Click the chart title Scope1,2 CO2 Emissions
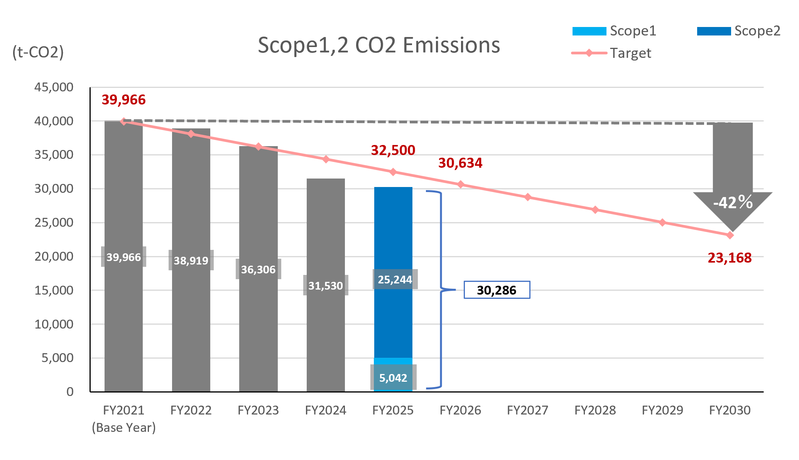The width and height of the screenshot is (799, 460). [379, 45]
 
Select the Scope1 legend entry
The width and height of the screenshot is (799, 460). [614, 31]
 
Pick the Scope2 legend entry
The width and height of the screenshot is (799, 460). [739, 31]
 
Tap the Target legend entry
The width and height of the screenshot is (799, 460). [611, 53]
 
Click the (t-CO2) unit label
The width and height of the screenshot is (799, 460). [38, 52]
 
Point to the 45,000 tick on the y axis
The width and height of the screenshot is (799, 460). [54, 87]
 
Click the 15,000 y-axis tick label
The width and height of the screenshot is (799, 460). [54, 290]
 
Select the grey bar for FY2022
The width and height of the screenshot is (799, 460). [191, 260]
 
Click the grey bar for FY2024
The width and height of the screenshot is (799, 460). [326, 285]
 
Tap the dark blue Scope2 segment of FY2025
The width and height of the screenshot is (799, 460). [393, 272]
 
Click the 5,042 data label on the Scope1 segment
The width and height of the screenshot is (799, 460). [393, 378]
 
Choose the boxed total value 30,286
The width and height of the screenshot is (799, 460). [497, 290]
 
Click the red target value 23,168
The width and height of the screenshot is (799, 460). [730, 258]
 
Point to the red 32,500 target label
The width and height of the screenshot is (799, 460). [393, 150]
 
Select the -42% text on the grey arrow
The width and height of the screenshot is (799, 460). [733, 202]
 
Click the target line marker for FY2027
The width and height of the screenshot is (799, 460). [528, 197]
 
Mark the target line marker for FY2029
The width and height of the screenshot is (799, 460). [662, 222]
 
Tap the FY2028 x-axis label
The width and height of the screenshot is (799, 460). [595, 410]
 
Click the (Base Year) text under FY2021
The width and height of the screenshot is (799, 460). [124, 428]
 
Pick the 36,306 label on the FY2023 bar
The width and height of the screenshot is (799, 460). [258, 270]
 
